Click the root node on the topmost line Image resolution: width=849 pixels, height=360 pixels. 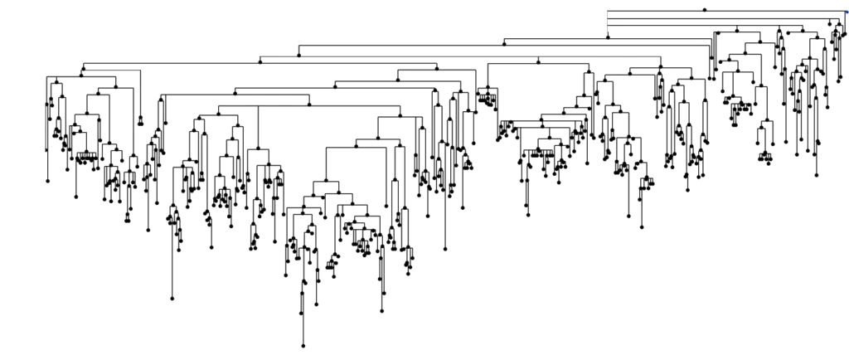705,10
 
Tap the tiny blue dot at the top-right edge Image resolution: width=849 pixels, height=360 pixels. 845,9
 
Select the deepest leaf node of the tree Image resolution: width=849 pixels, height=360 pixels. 303,345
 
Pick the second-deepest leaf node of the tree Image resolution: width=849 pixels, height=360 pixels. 382,313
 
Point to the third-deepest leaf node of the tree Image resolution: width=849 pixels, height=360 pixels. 173,299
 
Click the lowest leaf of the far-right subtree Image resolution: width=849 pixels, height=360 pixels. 817,175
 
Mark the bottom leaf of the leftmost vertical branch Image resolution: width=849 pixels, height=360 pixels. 48,180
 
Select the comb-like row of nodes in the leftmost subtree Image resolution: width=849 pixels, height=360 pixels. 83,153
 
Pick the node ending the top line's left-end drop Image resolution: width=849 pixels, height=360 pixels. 607,36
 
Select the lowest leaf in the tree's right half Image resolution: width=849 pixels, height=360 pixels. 641,227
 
